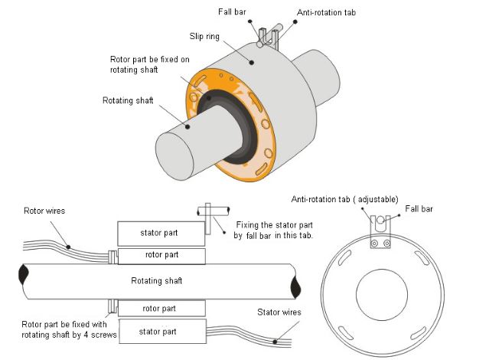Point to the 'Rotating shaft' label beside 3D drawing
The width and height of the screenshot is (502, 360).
tap(129, 100)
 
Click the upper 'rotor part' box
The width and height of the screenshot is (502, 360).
tap(161, 255)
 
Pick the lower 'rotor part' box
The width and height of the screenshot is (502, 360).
tap(161, 308)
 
